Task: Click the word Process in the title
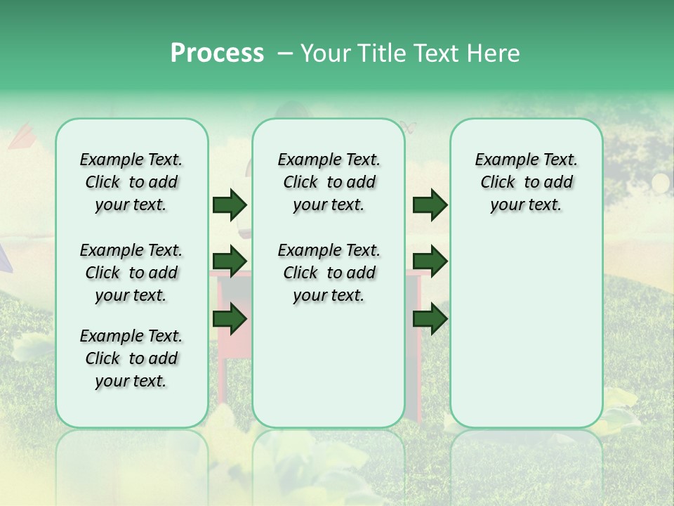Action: pyautogui.click(x=217, y=53)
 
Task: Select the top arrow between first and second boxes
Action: pyautogui.click(x=230, y=205)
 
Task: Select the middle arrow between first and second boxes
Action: pyautogui.click(x=230, y=261)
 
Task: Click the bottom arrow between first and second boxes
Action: pyautogui.click(x=230, y=319)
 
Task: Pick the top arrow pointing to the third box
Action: pyautogui.click(x=430, y=205)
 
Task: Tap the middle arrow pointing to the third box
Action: pyautogui.click(x=430, y=261)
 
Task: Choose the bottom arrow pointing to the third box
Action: pyautogui.click(x=430, y=319)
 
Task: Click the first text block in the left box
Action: pyautogui.click(x=131, y=182)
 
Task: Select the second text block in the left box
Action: pyautogui.click(x=131, y=273)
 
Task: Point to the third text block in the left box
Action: pyautogui.click(x=131, y=358)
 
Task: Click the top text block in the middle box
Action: pyautogui.click(x=329, y=182)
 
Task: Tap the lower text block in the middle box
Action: pyautogui.click(x=329, y=273)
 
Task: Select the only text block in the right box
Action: pyautogui.click(x=526, y=182)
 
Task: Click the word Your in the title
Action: pyautogui.click(x=326, y=53)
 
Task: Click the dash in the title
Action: pyautogui.click(x=286, y=53)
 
